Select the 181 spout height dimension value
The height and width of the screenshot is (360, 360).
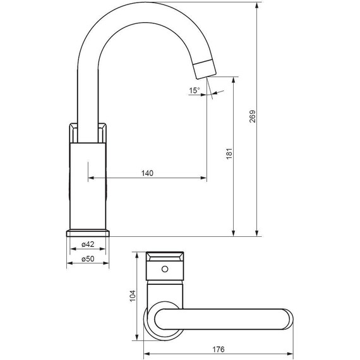[x=230, y=153]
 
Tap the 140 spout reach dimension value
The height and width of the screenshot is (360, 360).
[x=147, y=172]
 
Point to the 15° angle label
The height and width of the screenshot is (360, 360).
[x=194, y=90]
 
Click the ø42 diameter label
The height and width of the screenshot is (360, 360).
[x=88, y=244]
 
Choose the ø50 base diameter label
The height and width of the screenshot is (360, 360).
[x=88, y=260]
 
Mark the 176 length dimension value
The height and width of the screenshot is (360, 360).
[x=219, y=349]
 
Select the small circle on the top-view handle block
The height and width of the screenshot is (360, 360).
[x=165, y=270]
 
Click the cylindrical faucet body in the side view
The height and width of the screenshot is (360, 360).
[x=88, y=183]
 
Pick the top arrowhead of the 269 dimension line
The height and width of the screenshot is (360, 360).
[x=258, y=4]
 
